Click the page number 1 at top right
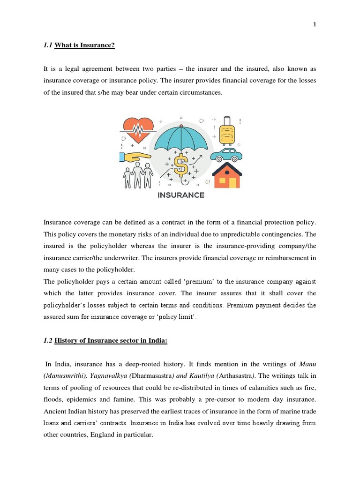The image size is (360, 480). pyautogui.click(x=315, y=25)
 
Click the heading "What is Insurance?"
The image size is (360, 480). pyautogui.click(x=85, y=45)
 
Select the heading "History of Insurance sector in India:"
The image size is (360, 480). pyautogui.click(x=111, y=341)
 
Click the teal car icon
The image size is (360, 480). pyautogui.click(x=226, y=155)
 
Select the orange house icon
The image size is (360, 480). pyautogui.click(x=227, y=176)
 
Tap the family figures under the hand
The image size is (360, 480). pyautogui.click(x=138, y=175)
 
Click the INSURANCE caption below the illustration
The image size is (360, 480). pyautogui.click(x=181, y=195)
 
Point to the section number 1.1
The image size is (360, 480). pyautogui.click(x=48, y=45)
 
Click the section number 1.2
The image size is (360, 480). pyautogui.click(x=48, y=341)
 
